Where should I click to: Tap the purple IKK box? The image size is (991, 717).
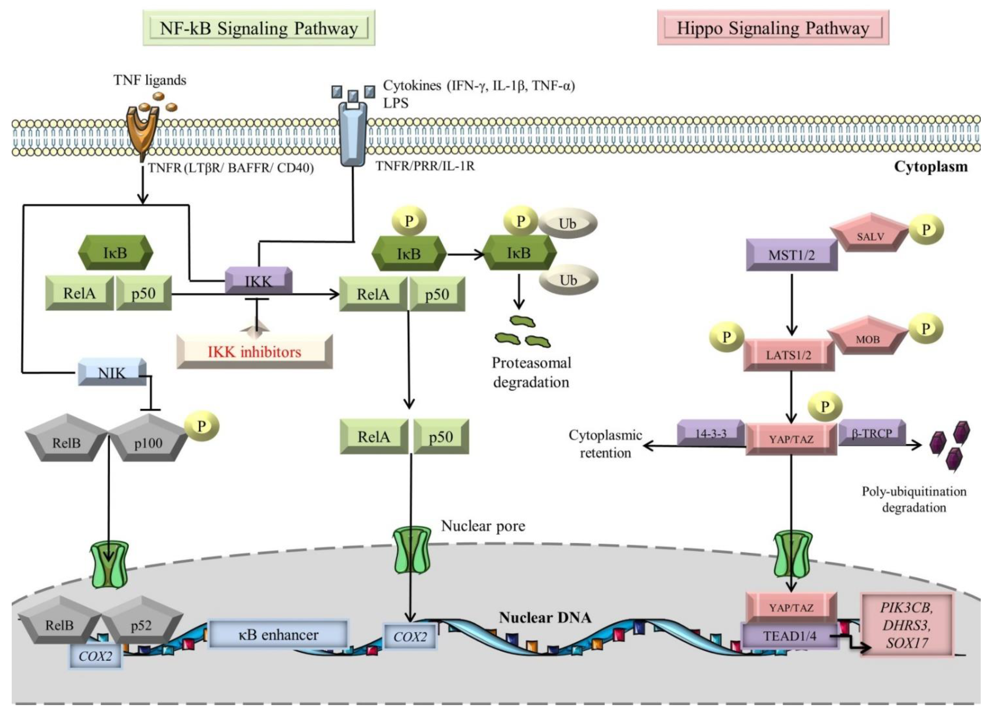pos(258,280)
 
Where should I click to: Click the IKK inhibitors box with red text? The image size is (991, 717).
pos(254,351)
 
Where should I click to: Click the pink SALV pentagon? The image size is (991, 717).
pos(870,234)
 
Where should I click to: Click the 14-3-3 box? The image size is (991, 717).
pos(711,433)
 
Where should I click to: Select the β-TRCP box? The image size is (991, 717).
pos(871,433)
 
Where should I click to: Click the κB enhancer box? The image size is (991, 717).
pos(278,634)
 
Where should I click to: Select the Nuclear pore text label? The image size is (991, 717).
pos(483,526)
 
